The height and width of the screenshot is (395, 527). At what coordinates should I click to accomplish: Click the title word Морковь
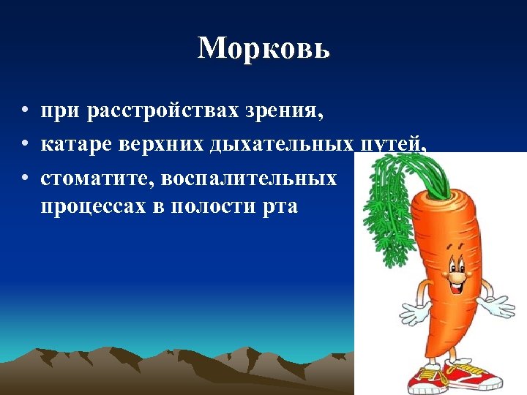pos(263,48)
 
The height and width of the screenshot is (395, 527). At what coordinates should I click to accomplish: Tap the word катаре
pos(71,145)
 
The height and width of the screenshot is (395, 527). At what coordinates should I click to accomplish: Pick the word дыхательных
pos(282,145)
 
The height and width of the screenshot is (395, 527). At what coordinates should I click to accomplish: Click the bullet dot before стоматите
pos(25,178)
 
